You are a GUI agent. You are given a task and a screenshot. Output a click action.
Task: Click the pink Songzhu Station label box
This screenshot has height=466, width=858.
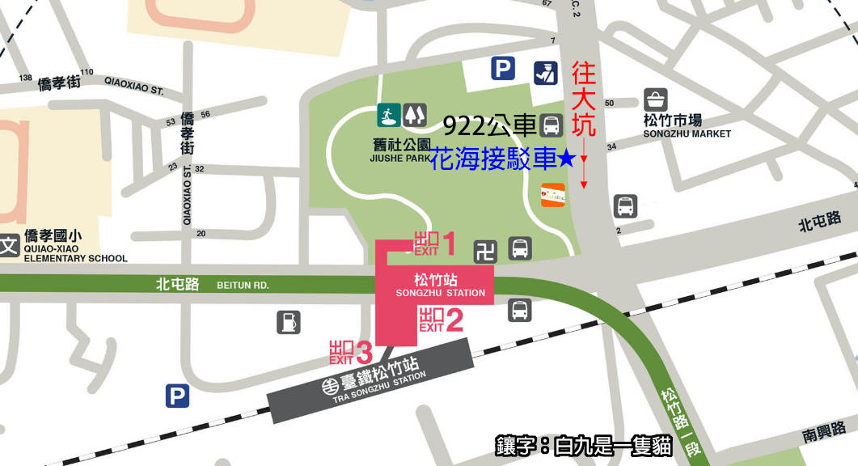coord(440,286)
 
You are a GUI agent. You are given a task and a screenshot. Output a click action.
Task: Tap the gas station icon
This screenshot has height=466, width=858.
coord(288,322)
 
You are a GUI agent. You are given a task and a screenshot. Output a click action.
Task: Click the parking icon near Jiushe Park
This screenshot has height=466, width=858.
coord(503,69)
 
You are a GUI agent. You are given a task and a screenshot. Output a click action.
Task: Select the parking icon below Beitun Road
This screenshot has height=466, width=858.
coord(177,396)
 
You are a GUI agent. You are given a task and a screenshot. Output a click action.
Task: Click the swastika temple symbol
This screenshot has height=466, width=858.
coord(485,251)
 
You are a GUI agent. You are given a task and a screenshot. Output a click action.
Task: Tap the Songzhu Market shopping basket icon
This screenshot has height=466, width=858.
coord(656,100)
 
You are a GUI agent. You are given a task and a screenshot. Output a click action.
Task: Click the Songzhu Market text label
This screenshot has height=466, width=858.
coord(687,127)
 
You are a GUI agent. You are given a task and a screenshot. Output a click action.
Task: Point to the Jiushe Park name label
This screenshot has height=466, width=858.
coord(399,152)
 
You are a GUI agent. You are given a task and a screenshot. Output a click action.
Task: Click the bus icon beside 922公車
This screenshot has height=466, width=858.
coord(552,125)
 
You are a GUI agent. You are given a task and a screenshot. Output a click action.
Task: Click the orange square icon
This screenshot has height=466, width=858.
coord(552,195)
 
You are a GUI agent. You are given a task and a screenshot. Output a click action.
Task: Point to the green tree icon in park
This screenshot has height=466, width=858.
coord(416,114)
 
